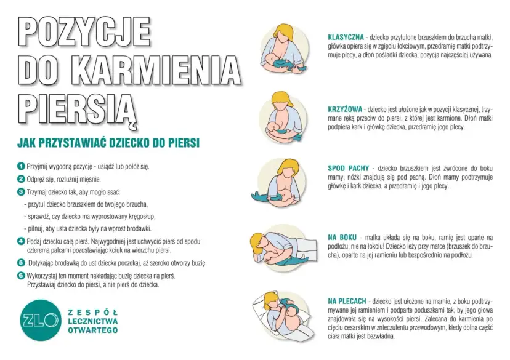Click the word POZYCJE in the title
pos(84,30)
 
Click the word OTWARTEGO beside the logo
pos(92,330)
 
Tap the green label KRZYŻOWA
pos(345,108)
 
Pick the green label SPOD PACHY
pos(349,167)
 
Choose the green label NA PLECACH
pos(347,302)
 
